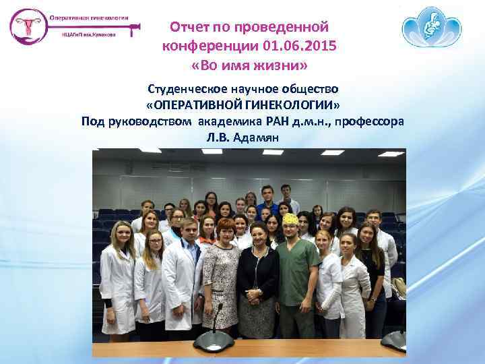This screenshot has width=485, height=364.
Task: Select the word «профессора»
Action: (x=370, y=121)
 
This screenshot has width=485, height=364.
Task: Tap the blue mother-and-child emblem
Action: (x=432, y=30)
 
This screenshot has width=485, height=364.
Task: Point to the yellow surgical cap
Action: (x=290, y=219)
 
